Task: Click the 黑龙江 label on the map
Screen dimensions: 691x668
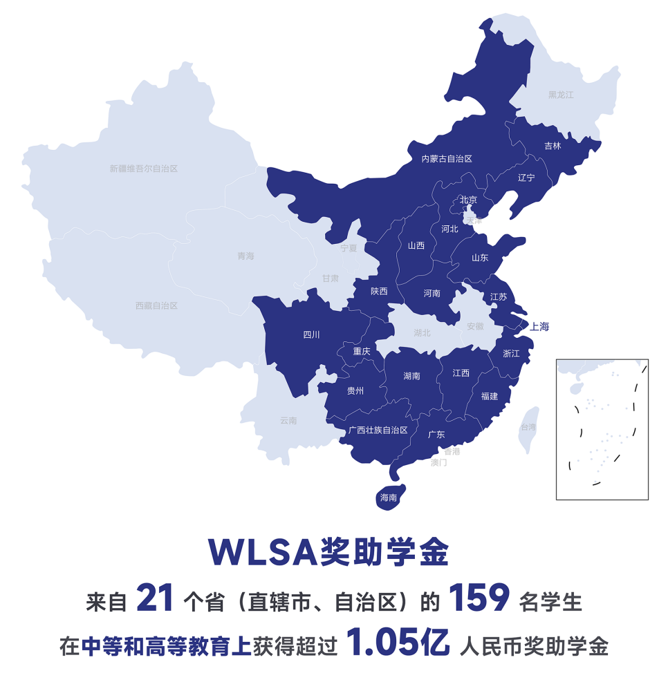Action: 561,95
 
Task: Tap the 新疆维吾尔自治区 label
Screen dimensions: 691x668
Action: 144,169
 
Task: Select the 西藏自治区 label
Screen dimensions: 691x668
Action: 156,305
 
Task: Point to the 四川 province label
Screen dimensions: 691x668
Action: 312,335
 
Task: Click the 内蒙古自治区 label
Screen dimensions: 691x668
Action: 447,159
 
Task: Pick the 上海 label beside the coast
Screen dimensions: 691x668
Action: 539,327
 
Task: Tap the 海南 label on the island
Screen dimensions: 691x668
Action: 389,498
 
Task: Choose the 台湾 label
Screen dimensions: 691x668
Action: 528,427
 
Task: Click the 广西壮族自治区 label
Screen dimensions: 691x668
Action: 378,430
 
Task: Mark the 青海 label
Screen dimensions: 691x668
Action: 246,256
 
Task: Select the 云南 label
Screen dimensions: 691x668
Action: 288,420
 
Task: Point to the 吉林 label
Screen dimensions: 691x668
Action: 553,146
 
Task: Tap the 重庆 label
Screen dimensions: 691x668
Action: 362,351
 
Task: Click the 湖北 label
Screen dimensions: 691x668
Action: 422,333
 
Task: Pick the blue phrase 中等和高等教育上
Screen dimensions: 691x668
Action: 165,647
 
